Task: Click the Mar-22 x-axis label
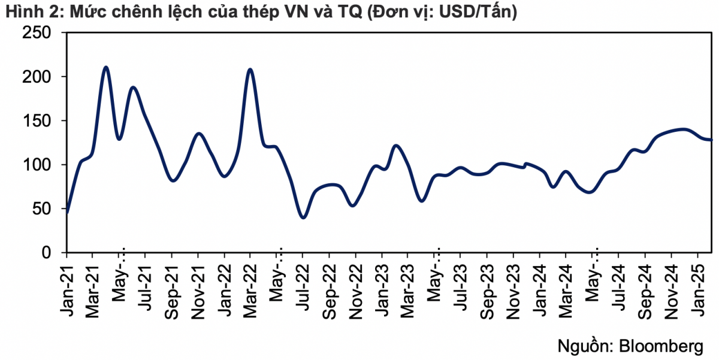pos(250,279)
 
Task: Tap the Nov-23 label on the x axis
pos(513,280)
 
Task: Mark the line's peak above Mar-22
pos(250,69)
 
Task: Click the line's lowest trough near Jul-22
pos(303,217)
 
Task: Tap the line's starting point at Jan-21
pos(67,213)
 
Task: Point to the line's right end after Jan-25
pos(711,140)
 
